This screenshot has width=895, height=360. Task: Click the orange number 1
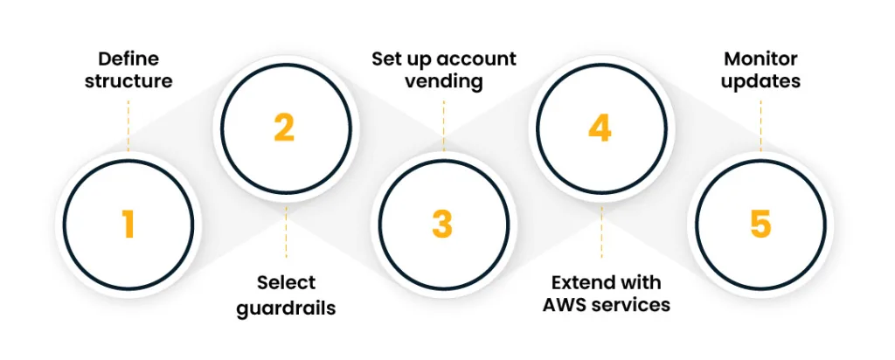(x=128, y=225)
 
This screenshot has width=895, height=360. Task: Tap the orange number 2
(x=283, y=128)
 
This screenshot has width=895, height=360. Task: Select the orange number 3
(x=442, y=225)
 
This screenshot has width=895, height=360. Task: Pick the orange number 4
(x=600, y=128)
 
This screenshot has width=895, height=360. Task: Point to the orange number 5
(x=760, y=225)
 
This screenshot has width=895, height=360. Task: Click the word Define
(x=128, y=59)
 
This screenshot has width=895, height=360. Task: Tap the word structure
(x=128, y=82)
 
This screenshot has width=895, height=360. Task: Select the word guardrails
(x=286, y=308)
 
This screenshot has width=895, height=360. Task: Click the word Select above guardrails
(x=286, y=283)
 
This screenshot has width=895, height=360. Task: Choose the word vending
(x=444, y=82)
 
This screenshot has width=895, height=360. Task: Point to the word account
(x=475, y=59)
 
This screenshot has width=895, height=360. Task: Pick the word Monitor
(x=760, y=59)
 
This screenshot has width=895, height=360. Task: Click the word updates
(x=760, y=82)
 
